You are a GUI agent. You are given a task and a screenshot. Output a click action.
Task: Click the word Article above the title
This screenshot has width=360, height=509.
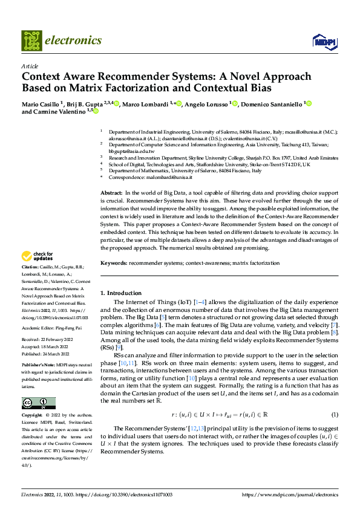click(x=30, y=66)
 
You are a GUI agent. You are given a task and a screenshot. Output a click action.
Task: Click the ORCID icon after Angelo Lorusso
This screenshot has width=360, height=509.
click(x=235, y=104)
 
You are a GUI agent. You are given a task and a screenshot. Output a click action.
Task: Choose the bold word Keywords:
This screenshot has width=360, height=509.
click(x=114, y=263)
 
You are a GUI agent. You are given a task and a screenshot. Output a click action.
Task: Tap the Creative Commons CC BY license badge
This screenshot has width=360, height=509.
click(x=39, y=403)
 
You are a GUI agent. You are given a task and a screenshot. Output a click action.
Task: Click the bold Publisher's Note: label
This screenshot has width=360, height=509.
click(x=38, y=366)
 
